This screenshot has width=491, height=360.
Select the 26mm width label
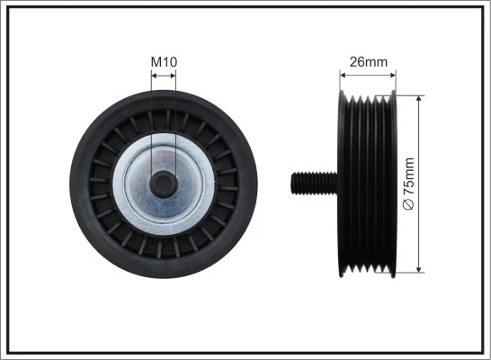[x=368, y=62]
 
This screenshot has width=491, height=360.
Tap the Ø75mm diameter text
[x=410, y=184]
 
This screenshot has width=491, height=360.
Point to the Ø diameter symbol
[x=410, y=206]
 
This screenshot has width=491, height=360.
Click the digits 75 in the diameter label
[x=410, y=190]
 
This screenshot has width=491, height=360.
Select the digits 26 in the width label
[x=359, y=62]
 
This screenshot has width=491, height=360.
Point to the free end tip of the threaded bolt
[x=292, y=183]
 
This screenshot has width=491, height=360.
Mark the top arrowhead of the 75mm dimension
[x=421, y=96]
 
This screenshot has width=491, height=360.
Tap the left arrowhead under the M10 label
[x=155, y=76]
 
